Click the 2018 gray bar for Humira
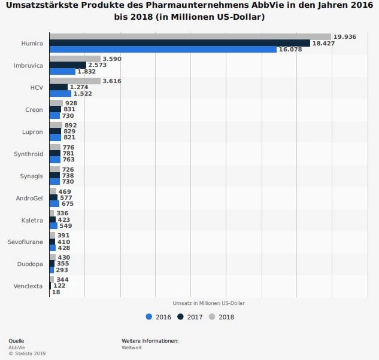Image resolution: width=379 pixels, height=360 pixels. coord(190,36)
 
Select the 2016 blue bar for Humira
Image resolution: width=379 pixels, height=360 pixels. coord(163,50)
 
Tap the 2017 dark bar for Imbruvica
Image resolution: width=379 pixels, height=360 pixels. coord(67,65)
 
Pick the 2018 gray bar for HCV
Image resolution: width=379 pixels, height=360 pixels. coord(75,81)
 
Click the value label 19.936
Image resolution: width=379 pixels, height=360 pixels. coord(345,36)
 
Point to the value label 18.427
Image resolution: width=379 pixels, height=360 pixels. coord(324,43)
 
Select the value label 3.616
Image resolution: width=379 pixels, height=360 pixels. coord(112,81)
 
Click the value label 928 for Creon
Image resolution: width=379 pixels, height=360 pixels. coord(71,103)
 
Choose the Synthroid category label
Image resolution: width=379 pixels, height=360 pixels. coord(29,154)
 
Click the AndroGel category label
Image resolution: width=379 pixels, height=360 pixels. coord(29,198)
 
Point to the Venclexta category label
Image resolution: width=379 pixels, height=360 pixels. coord(28,286)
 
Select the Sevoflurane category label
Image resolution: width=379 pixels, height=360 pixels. coord(26,242)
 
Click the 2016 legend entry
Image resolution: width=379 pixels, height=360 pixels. coord(159,316)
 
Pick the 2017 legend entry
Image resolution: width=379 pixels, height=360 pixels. coord(190,316)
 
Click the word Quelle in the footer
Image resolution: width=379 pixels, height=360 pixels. coord(16,341)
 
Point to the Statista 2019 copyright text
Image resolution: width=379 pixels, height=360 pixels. coord(27,353)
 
